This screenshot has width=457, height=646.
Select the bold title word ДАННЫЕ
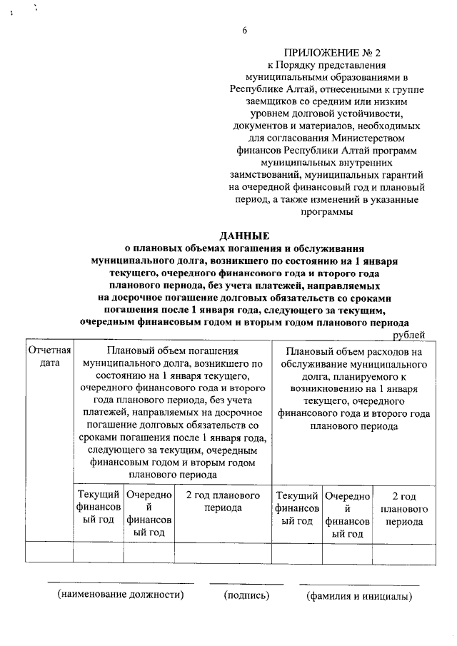tap(244, 236)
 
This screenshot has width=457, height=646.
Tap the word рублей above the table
tap(409, 334)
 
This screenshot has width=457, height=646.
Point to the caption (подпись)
tap(246, 595)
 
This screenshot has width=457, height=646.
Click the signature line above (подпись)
tap(246, 583)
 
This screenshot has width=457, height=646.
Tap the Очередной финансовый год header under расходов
tap(347, 514)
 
